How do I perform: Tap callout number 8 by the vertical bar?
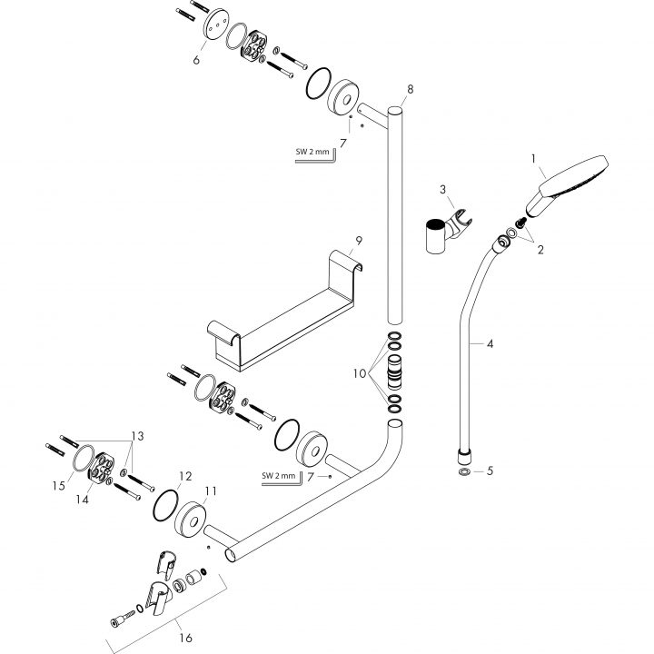pos(409,89)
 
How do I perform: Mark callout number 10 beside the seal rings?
pos(361,373)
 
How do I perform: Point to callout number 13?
pos(138,434)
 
